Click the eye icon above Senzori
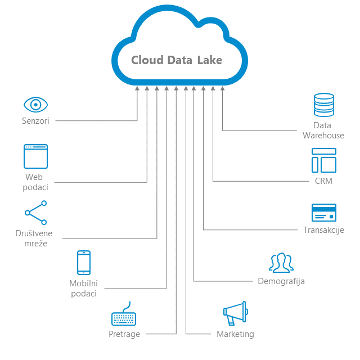tap(35, 105)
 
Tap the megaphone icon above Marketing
tap(236, 313)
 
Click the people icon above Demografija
tap(281, 263)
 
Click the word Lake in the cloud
tap(210, 60)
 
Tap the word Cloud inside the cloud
tap(147, 60)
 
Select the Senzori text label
tap(35, 121)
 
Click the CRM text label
tap(324, 181)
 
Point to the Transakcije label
tap(324, 230)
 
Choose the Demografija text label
tap(281, 281)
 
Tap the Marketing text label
tap(235, 334)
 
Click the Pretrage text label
tap(124, 334)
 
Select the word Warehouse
tap(323, 136)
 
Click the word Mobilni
tap(84, 283)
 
